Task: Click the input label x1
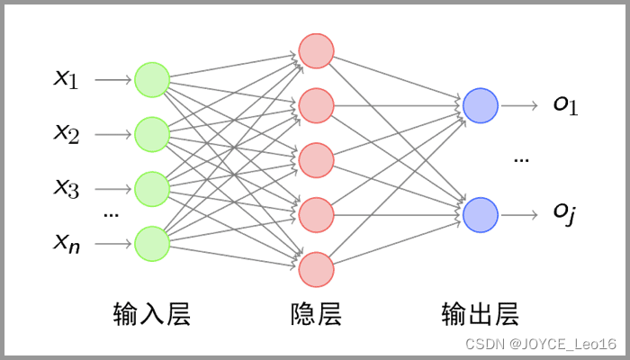(67, 80)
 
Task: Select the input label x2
(67, 135)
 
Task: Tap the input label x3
(67, 189)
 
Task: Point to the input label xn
(67, 242)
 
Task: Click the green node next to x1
(152, 80)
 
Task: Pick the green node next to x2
(152, 135)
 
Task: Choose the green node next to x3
(152, 189)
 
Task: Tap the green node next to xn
(152, 243)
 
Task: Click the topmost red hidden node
(316, 50)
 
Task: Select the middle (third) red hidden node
(316, 160)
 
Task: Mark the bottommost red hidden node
(316, 270)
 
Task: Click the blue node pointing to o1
(480, 105)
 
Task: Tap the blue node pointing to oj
(480, 214)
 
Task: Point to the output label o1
(565, 105)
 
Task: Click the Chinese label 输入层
(152, 314)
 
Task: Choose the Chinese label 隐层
(316, 314)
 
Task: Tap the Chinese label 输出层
(480, 314)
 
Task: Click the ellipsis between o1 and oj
(521, 160)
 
